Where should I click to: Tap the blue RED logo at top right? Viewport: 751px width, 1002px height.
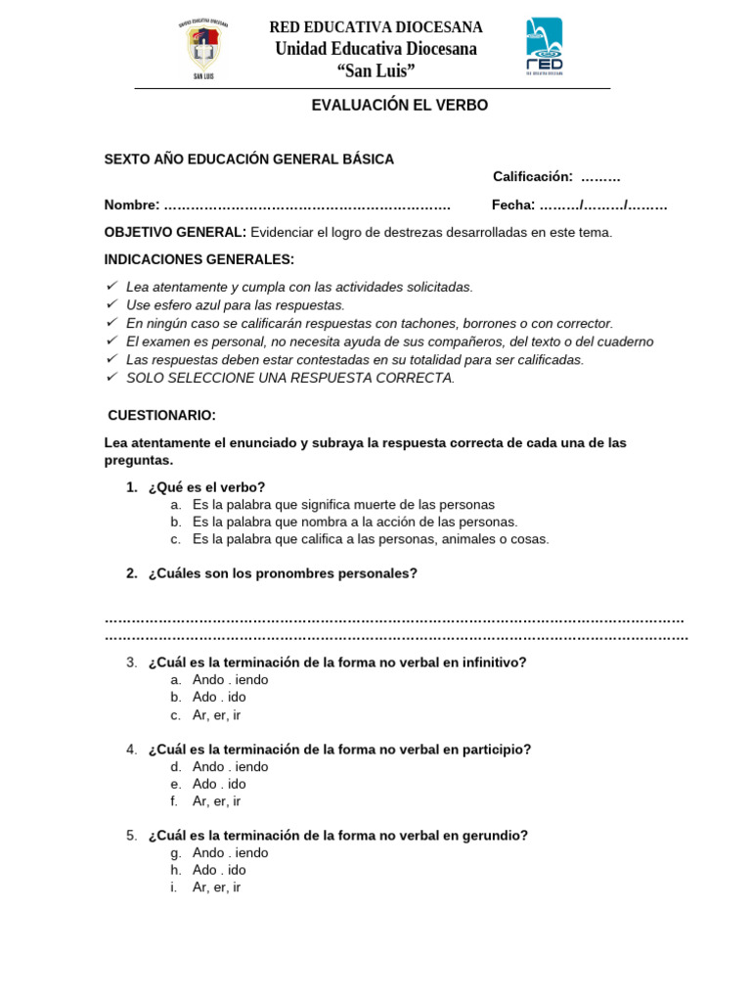tap(544, 45)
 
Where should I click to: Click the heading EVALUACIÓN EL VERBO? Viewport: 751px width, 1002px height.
tap(399, 106)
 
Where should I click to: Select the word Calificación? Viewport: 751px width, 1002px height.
tap(532, 177)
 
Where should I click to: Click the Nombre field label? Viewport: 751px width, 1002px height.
tap(131, 205)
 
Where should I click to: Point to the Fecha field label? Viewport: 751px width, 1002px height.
tap(512, 205)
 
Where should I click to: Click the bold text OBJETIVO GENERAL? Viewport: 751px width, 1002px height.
tap(175, 233)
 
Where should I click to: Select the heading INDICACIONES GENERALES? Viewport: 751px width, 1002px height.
tap(199, 260)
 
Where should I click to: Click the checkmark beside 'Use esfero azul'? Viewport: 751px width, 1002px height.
tap(111, 304)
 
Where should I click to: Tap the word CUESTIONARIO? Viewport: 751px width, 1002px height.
tap(161, 416)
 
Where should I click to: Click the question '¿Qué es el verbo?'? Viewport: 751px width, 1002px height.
tap(206, 487)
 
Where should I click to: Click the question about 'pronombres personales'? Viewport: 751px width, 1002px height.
tap(283, 574)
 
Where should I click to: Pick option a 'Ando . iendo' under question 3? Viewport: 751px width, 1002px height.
tap(230, 680)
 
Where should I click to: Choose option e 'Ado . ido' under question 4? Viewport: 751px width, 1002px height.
tap(219, 784)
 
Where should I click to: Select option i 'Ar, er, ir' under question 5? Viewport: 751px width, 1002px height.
tap(216, 888)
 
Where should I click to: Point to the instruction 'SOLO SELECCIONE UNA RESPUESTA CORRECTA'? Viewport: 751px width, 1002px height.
tap(290, 378)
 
